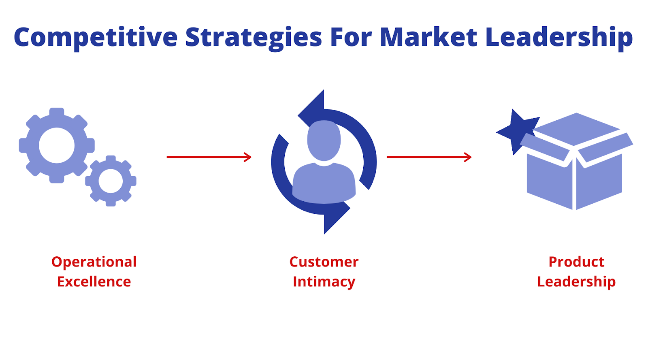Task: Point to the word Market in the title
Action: click(x=428, y=37)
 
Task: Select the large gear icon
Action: click(x=57, y=145)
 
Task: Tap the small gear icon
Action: click(x=111, y=181)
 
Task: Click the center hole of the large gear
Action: click(x=57, y=145)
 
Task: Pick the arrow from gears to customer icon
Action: click(x=209, y=157)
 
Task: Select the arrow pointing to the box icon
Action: click(x=429, y=157)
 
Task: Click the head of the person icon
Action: click(x=324, y=141)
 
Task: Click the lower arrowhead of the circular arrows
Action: click(x=336, y=217)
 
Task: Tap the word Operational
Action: click(x=94, y=262)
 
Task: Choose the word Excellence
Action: click(x=94, y=281)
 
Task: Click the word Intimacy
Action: click(x=324, y=282)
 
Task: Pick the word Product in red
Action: click(x=577, y=262)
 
